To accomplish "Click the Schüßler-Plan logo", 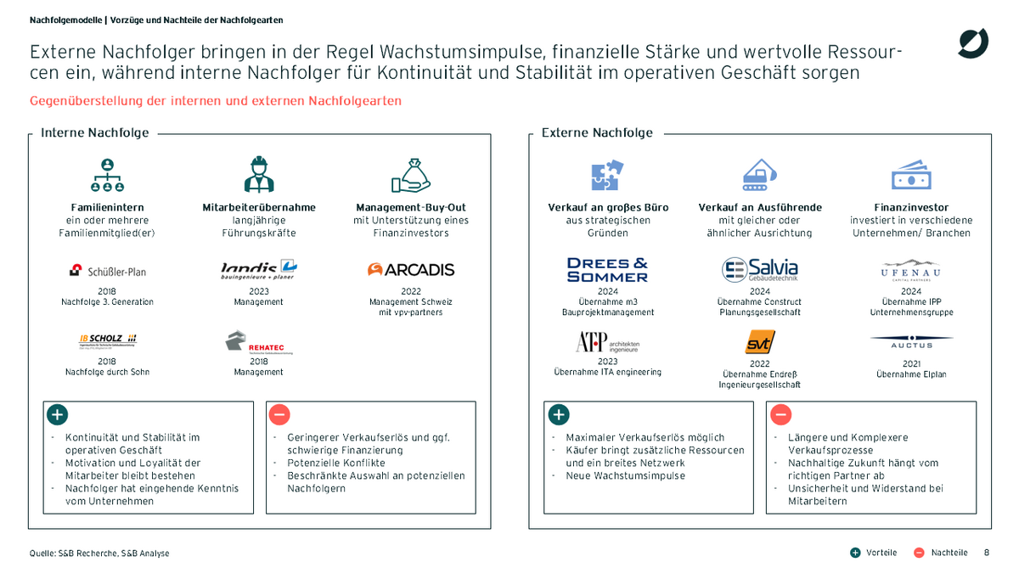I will [x=107, y=272].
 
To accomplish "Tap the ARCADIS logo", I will [x=411, y=270].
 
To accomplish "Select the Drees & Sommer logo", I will [x=607, y=270].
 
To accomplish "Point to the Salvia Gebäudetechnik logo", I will [x=760, y=270].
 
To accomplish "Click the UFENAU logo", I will [x=911, y=270].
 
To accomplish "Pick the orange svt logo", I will [x=760, y=342].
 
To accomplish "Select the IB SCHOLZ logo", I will [x=107, y=340].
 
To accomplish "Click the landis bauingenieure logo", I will [x=258, y=270].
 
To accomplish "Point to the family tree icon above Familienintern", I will [x=107, y=175].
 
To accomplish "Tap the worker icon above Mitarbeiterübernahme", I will [x=258, y=175].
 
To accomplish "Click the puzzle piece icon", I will [x=607, y=176].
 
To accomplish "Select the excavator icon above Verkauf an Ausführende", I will [x=760, y=175].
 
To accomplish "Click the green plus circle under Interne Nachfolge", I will [x=57, y=415].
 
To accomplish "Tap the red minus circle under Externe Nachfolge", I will [x=780, y=415].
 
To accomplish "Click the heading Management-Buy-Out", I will [x=411, y=207].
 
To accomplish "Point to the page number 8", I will [x=986, y=553].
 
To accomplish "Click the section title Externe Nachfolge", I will [x=597, y=132].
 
